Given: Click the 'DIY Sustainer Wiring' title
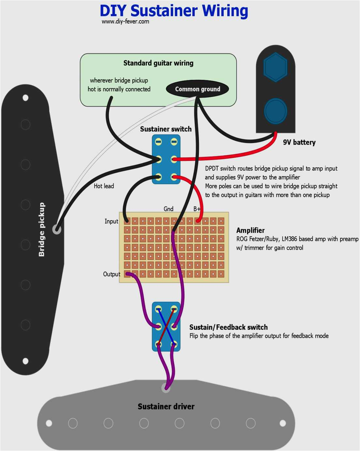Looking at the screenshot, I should point(174,11).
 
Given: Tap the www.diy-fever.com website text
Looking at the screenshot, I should point(125,22).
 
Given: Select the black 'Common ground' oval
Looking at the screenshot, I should point(197,89).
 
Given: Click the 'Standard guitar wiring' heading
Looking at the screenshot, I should point(158,63).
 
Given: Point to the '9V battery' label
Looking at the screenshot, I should point(299,142).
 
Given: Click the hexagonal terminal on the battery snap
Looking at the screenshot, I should point(276,67).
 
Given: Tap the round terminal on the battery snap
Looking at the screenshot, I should point(276,111).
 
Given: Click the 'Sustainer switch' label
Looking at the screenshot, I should point(166,129).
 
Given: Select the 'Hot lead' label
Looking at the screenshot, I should point(104,186).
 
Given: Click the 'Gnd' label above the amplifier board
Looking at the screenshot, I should point(168,209).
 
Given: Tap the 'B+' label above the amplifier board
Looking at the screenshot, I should point(197,209).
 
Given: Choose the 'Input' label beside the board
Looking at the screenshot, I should point(111,221).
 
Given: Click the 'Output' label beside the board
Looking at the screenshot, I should point(112,274).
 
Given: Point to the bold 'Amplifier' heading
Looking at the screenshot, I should point(250,230).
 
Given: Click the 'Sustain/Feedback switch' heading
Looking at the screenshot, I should point(228,327).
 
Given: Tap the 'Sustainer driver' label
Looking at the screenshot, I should point(166,407).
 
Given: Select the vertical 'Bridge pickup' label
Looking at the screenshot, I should point(41,229).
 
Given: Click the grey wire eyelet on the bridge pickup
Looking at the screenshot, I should point(57,229).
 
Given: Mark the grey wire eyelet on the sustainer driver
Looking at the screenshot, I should point(166,388).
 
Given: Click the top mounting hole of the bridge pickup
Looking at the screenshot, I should point(25,98).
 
